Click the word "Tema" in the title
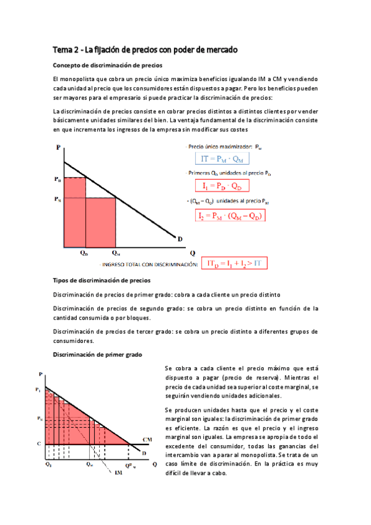click(x=63, y=49)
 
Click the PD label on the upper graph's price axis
click(x=58, y=178)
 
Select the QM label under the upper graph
click(x=116, y=253)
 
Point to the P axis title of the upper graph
click(x=58, y=147)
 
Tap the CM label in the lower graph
click(x=147, y=439)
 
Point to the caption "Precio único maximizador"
click(x=212, y=147)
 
